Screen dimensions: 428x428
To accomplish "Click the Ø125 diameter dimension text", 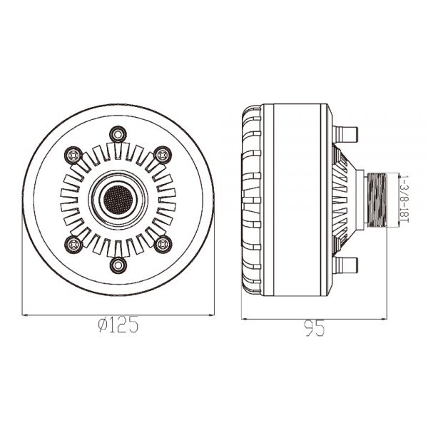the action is pyautogui.click(x=118, y=325).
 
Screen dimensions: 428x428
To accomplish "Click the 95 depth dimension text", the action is pyautogui.click(x=315, y=328).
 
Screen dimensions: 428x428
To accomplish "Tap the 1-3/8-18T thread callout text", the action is pyautogui.click(x=404, y=199).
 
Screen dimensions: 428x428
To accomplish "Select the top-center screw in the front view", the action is pyautogui.click(x=118, y=134).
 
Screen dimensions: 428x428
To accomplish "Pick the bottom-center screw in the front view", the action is pyautogui.click(x=118, y=265).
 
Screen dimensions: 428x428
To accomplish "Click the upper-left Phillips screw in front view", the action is pyautogui.click(x=73, y=156).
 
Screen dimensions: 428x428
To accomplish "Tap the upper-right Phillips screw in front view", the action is pyautogui.click(x=163, y=156).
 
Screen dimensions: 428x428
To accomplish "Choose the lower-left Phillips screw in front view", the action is pyautogui.click(x=73, y=243).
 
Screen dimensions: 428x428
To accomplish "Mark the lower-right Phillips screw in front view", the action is pyautogui.click(x=163, y=243).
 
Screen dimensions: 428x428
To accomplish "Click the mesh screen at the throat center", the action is pyautogui.click(x=118, y=199).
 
